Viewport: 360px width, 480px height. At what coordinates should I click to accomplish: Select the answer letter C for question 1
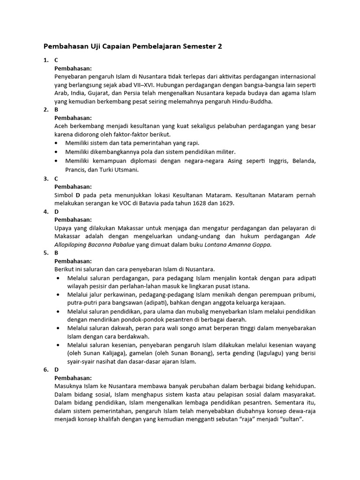[56, 60]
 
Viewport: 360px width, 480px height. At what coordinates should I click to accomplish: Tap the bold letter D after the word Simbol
[78, 195]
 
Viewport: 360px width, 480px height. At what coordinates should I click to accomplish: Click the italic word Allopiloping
[71, 244]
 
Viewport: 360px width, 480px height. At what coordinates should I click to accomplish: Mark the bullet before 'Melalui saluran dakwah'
[57, 328]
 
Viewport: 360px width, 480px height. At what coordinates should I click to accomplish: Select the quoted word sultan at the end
[291, 420]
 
